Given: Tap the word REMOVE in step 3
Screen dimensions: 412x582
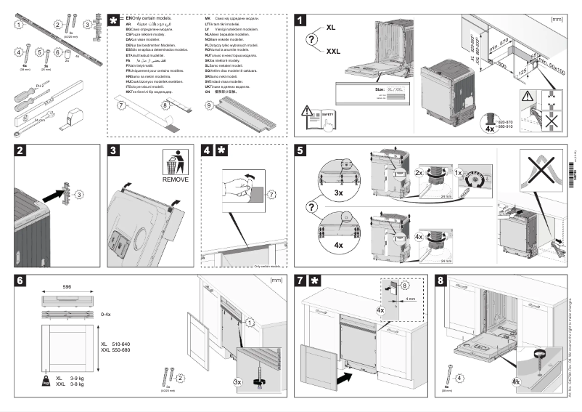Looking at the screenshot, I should coord(176,179).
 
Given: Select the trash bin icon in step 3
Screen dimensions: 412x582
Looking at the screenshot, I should coord(175,161).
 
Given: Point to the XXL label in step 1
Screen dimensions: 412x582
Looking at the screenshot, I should coord(333,52).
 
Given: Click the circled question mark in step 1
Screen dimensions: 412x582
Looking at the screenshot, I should coord(312,39).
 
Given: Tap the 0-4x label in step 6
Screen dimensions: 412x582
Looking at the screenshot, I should coord(106,314).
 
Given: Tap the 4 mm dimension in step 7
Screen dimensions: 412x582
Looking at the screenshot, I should coord(411,298).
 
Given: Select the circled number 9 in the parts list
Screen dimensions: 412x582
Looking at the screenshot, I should coord(208,105).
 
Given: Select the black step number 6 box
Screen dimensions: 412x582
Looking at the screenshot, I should coord(23,280).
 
